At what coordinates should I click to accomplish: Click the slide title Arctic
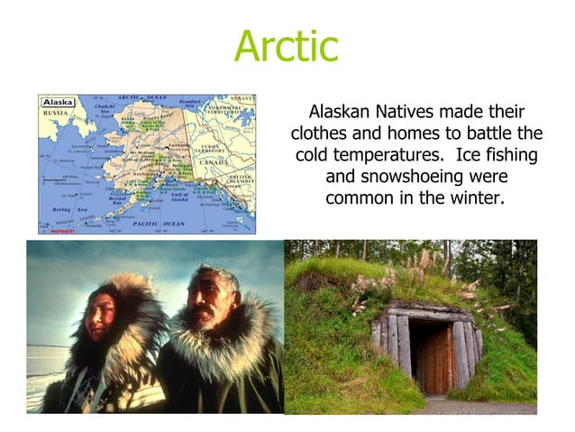click(x=286, y=47)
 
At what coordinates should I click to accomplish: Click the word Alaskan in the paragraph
click(x=341, y=113)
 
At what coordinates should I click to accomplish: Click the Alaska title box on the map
click(x=59, y=103)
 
